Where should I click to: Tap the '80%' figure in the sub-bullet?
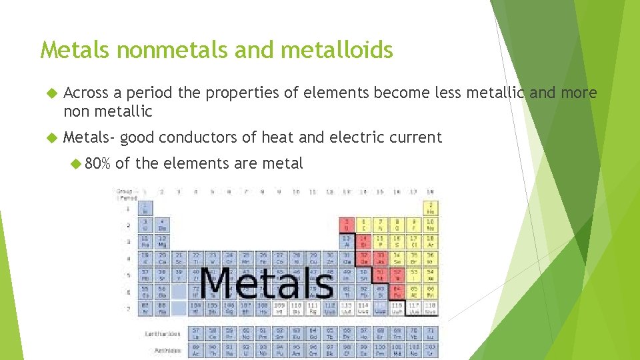(x=98, y=163)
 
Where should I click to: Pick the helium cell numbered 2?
(x=431, y=207)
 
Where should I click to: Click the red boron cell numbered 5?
(x=347, y=224)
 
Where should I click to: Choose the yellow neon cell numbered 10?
(x=431, y=224)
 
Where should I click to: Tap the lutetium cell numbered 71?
(x=431, y=332)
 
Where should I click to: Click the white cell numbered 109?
(x=280, y=307)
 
